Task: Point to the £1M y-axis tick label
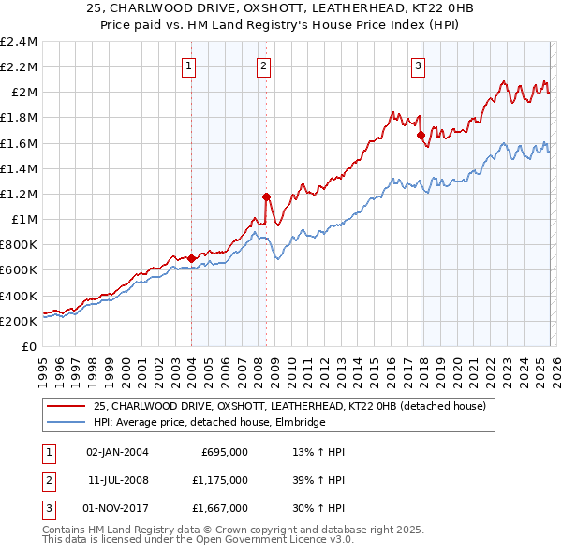(24, 219)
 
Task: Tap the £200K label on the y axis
(19, 321)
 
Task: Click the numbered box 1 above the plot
(190, 65)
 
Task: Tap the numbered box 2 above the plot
(264, 65)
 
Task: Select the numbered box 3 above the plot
(418, 65)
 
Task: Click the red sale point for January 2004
(191, 258)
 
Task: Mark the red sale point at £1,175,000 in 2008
(266, 196)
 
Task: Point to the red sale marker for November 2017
(421, 135)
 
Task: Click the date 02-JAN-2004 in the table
(117, 452)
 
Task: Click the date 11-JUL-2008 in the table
(117, 479)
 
